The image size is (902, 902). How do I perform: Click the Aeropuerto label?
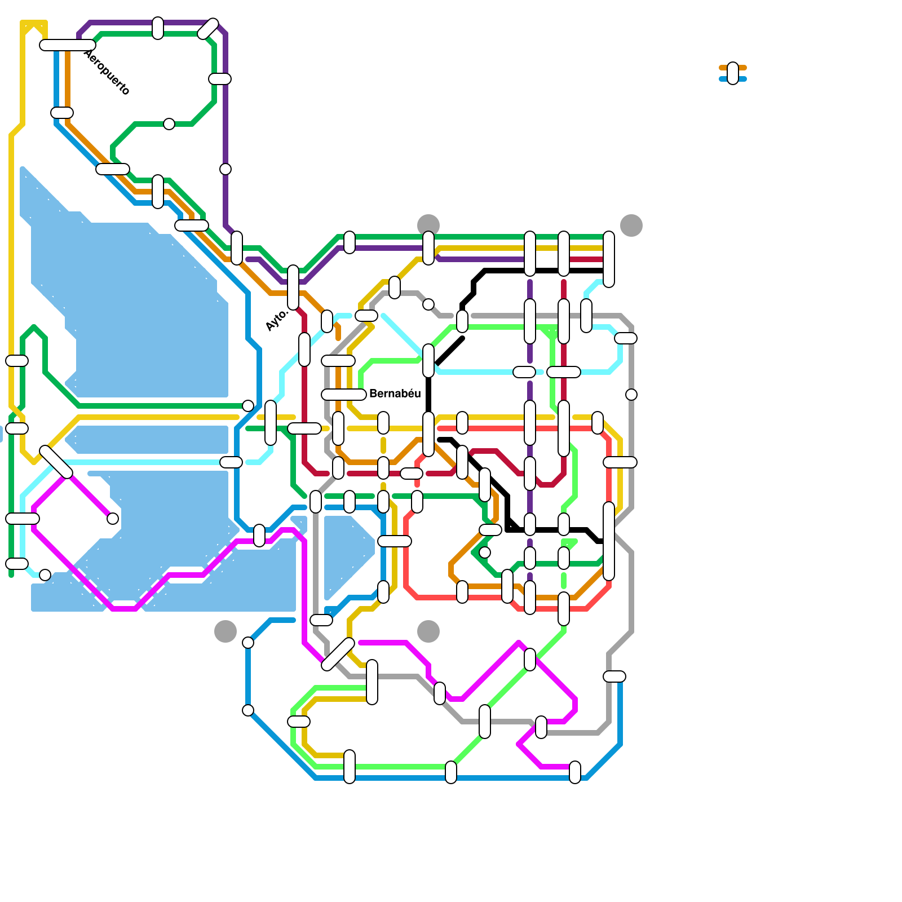(107, 72)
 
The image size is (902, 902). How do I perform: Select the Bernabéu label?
(395, 393)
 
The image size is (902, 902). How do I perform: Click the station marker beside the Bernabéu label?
(344, 395)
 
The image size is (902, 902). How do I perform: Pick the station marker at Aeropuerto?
(68, 45)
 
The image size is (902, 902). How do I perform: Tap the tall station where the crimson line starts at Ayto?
(293, 288)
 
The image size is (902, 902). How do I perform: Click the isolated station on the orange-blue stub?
(733, 73)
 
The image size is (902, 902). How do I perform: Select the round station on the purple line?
(225, 169)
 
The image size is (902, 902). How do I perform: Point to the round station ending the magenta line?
(113, 519)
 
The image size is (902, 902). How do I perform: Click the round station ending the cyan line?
(45, 575)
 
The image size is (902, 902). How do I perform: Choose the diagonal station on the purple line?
(208, 29)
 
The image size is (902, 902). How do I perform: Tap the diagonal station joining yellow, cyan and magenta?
(56, 462)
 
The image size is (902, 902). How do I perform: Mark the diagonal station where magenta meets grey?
(338, 655)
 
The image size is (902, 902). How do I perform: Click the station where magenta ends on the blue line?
(575, 772)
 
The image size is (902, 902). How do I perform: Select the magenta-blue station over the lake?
(259, 536)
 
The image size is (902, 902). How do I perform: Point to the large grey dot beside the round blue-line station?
(225, 631)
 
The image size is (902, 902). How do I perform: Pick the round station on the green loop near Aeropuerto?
(169, 124)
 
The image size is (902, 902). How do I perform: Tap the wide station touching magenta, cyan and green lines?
(23, 519)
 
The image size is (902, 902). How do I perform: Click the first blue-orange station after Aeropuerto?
(62, 113)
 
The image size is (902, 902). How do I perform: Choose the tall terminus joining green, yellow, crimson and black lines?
(609, 259)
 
